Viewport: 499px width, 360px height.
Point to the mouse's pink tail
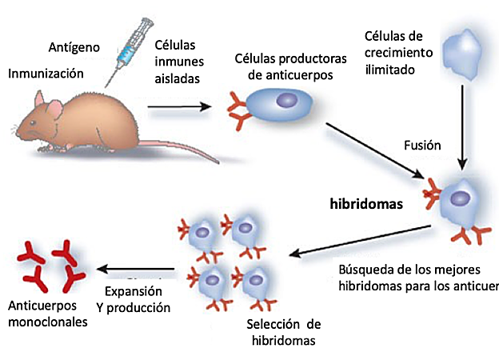point(184,147)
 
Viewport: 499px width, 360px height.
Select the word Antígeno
point(74,47)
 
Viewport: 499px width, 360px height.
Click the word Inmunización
point(46,74)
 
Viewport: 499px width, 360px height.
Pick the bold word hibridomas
point(365,203)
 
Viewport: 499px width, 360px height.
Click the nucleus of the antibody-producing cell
point(285,101)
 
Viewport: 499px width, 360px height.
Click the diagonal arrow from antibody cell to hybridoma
point(376,148)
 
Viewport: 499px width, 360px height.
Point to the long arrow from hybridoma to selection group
point(360,241)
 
